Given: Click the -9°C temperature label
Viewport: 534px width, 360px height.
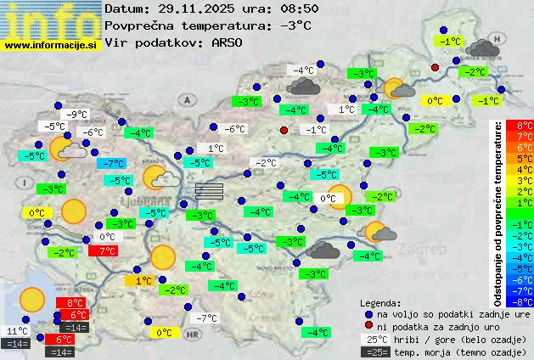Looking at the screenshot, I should (77, 115).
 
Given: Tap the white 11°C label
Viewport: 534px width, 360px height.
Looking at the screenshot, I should (16, 331).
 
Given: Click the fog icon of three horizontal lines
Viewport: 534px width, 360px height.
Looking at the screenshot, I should (208, 190).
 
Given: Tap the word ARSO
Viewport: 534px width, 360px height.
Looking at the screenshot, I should (230, 42).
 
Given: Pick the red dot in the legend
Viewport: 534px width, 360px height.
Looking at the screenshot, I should (368, 326).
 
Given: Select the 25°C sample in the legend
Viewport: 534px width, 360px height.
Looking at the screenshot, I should (376, 339).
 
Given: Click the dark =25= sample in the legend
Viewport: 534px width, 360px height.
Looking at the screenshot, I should (376, 352).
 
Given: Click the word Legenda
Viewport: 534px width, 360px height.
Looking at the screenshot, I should (379, 302).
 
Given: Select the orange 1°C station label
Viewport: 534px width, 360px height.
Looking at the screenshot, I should (143, 280).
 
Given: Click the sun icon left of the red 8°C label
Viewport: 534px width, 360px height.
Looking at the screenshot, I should (32, 299).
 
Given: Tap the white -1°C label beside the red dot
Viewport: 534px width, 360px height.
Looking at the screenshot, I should (315, 130).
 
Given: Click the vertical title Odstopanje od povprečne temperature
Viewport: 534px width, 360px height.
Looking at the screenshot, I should (499, 212).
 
